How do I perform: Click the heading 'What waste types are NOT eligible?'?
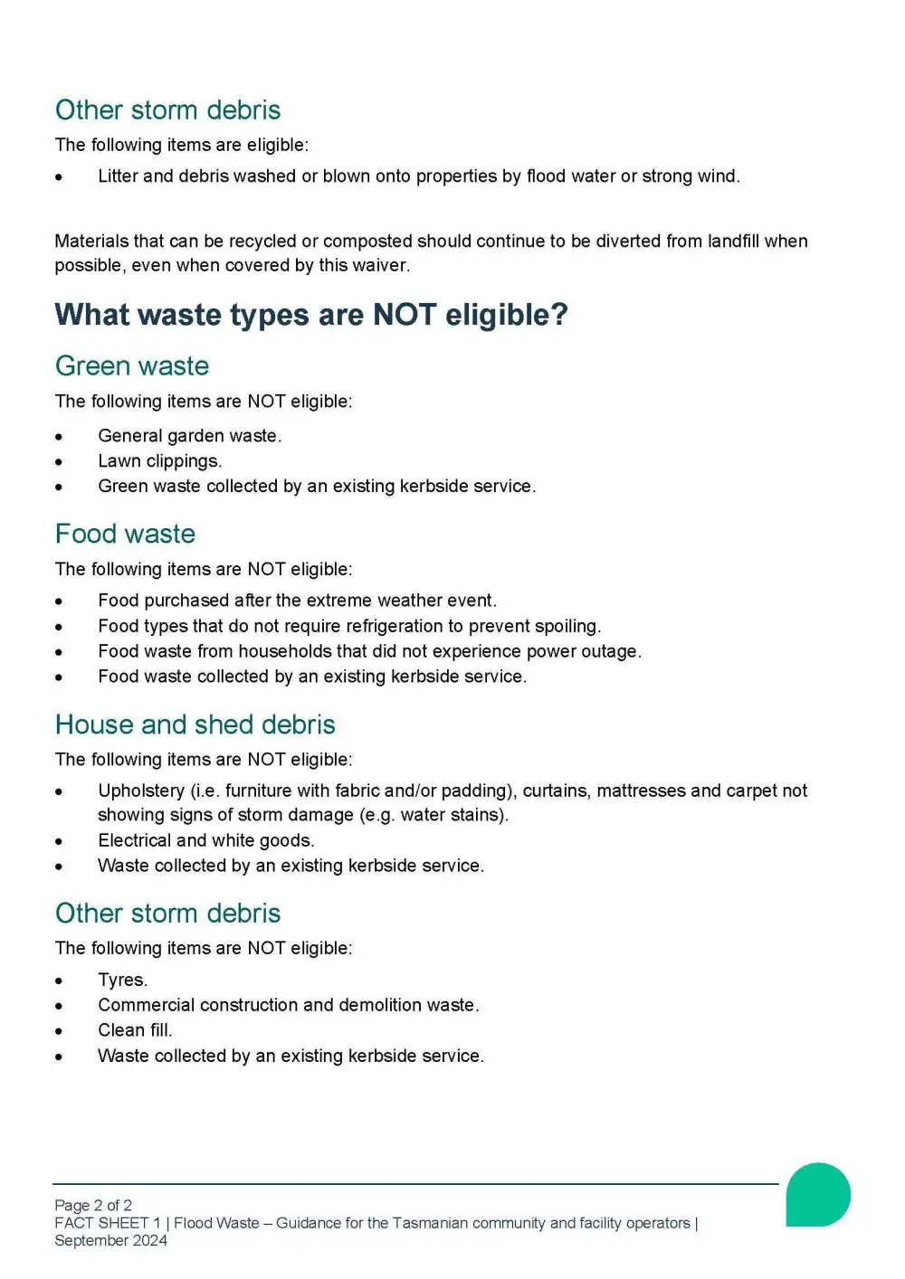311,315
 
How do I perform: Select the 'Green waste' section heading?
132,366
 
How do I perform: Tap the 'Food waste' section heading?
125,534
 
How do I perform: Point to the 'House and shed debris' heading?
195,725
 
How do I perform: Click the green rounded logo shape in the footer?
817,1195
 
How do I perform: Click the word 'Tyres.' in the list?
122,980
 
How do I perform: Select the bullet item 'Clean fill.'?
135,1030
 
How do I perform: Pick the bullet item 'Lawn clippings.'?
159,461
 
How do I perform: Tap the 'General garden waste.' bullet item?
189,436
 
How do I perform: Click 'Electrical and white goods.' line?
205,840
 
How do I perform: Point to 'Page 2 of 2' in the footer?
93,1205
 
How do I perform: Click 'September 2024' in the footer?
110,1240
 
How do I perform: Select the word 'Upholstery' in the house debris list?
140,791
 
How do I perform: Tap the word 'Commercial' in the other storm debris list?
146,1005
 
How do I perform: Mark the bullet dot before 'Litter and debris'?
59,177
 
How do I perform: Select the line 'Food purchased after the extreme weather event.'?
297,601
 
